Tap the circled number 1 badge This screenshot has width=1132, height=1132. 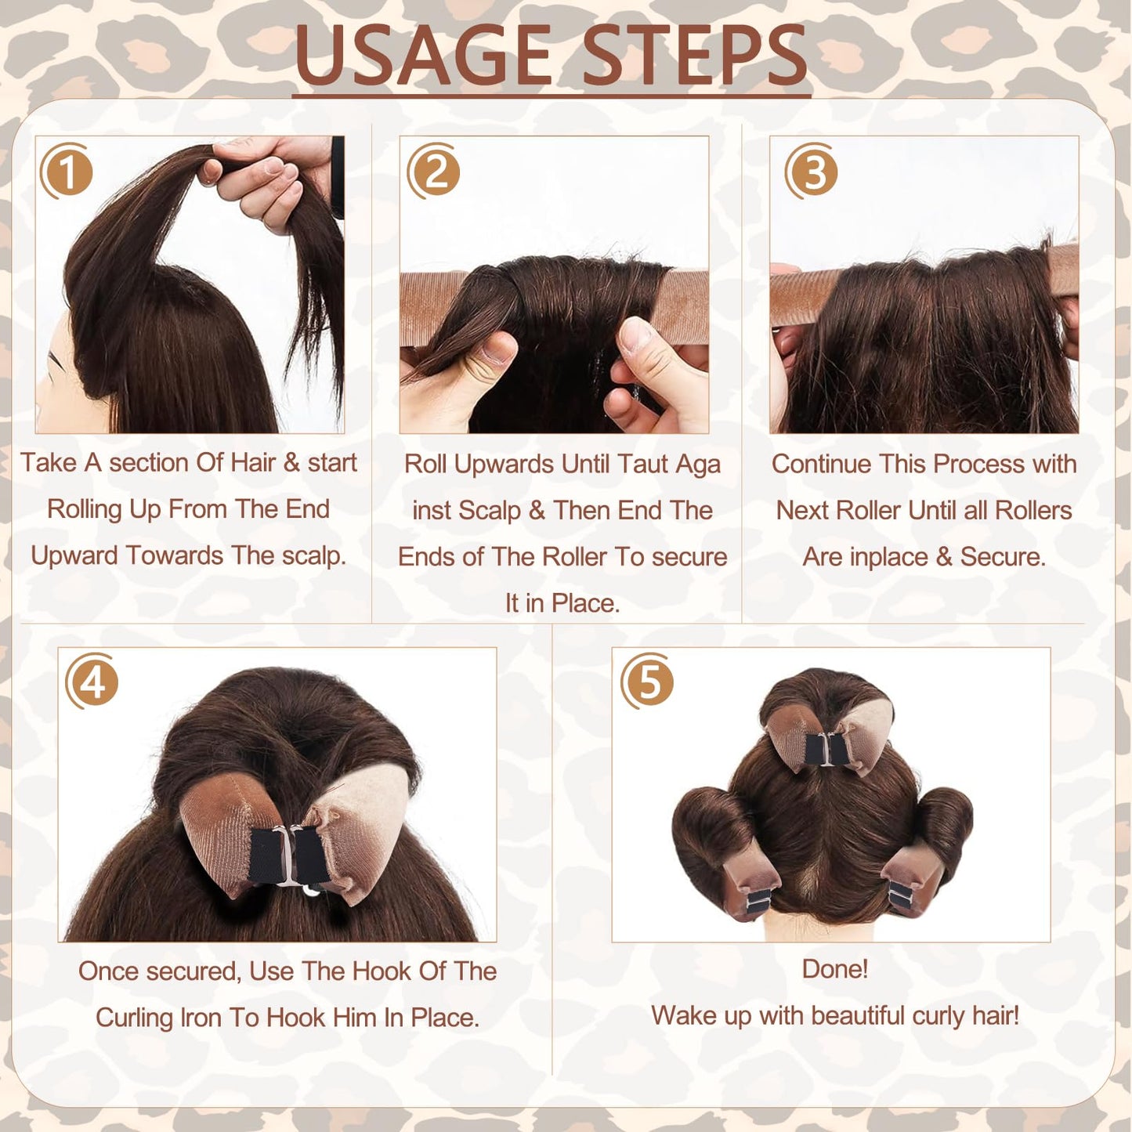pyautogui.click(x=67, y=172)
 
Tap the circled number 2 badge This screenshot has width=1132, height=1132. pyautogui.click(x=434, y=172)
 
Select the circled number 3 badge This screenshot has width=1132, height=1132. pyautogui.click(x=812, y=172)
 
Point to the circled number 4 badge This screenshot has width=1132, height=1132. pyautogui.click(x=93, y=682)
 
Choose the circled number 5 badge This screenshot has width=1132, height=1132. pyautogui.click(x=648, y=682)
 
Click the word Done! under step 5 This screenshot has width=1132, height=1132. pyautogui.click(x=834, y=969)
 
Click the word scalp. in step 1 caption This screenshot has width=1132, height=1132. pyautogui.click(x=313, y=555)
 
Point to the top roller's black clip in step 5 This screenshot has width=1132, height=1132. pyautogui.click(x=826, y=750)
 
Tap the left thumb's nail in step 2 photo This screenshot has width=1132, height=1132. pyautogui.click(x=497, y=349)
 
